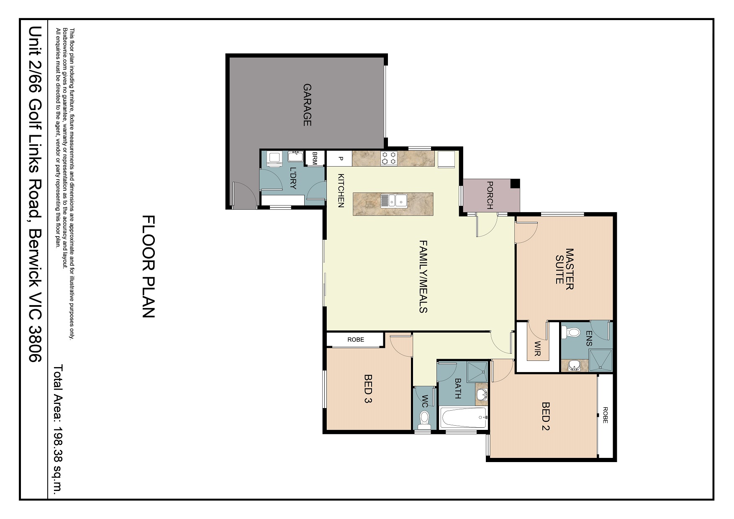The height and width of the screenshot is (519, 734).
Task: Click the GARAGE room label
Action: point(307,105)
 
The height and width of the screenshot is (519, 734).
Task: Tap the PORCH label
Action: point(490,195)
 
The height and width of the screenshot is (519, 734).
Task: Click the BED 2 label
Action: point(545,416)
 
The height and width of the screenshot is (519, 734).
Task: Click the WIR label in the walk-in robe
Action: point(538,348)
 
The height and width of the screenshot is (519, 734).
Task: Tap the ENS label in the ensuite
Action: point(589,338)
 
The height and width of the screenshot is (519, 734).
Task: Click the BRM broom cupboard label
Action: point(315,158)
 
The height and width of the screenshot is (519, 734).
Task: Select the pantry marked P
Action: point(340,159)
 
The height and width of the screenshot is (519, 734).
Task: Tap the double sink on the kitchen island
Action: point(393,200)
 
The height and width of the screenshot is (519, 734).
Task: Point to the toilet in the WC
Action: point(424,418)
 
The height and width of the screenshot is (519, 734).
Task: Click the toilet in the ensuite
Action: point(572,333)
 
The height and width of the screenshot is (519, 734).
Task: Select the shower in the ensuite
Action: point(601,360)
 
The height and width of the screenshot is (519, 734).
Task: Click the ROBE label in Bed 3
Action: point(356,339)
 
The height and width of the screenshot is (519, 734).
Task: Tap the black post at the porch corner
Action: point(515,183)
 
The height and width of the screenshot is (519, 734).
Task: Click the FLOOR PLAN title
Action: point(149,267)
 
